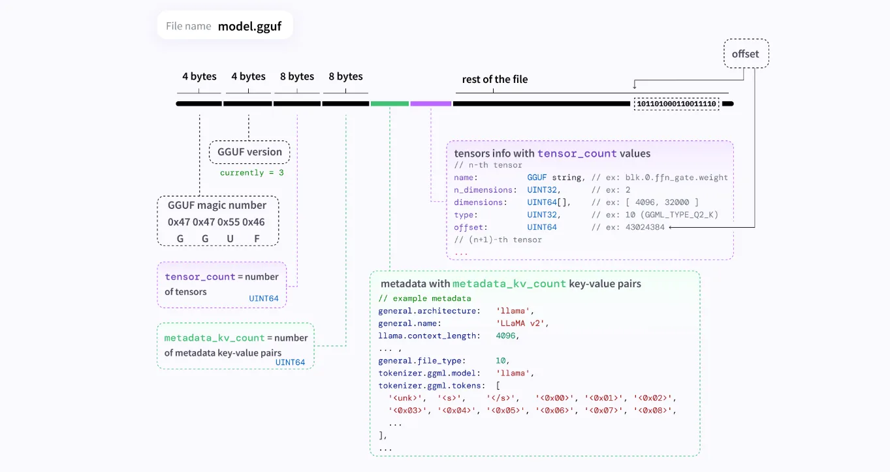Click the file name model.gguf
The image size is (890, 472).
click(249, 26)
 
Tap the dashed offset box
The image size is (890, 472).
click(746, 54)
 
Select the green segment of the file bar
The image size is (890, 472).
click(389, 104)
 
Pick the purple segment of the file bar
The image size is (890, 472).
click(431, 104)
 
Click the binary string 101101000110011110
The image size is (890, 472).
click(676, 104)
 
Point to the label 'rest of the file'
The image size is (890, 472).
click(495, 79)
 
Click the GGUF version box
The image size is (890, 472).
click(249, 151)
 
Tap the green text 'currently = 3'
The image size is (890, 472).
click(252, 173)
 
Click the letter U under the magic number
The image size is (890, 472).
click(230, 239)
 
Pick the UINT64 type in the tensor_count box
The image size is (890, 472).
click(263, 298)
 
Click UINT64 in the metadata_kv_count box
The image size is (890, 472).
click(290, 362)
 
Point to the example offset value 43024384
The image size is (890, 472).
click(645, 227)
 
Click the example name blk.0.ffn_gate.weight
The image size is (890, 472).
click(676, 178)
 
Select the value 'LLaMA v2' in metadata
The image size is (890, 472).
click(520, 323)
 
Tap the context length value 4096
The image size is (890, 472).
click(505, 336)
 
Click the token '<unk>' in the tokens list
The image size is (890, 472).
click(405, 398)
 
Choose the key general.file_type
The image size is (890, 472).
click(420, 361)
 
